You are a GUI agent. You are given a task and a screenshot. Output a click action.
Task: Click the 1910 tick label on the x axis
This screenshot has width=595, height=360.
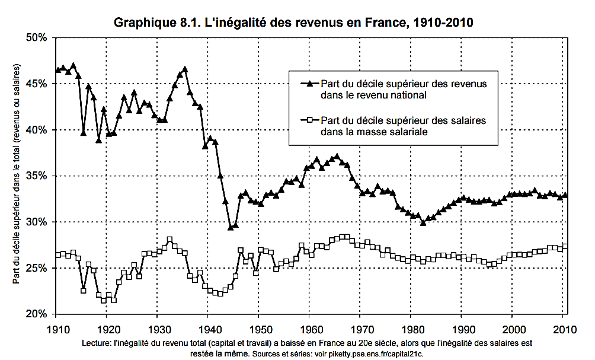point(56,327)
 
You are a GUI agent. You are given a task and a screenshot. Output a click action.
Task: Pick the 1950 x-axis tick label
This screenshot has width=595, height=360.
point(259,327)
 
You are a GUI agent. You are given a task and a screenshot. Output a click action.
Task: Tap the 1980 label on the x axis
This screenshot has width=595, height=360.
point(411,327)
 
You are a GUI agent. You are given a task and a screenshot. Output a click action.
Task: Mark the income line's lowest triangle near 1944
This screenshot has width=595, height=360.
point(231,227)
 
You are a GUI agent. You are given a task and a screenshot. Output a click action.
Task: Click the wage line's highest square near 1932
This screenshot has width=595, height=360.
point(169,240)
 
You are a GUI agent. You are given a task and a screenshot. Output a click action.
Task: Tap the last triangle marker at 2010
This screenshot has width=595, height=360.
point(565,195)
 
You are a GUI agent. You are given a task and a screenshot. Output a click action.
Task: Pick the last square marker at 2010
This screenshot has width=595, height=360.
point(565,246)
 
